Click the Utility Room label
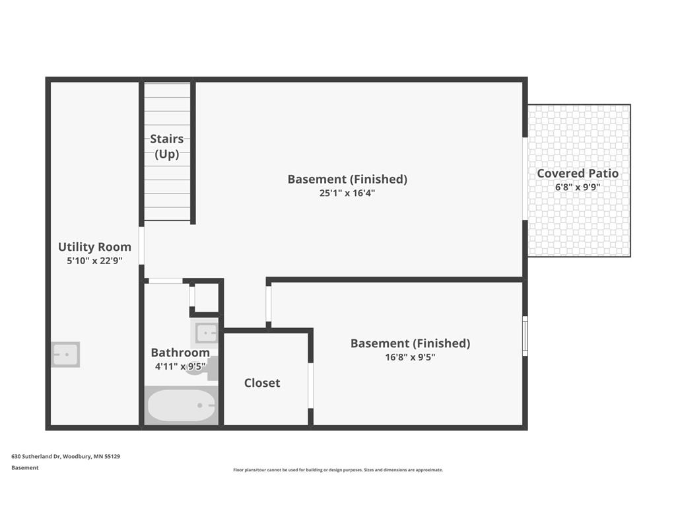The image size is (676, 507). tap(94, 247)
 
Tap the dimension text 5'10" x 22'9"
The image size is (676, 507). tap(94, 261)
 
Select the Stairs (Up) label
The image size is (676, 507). tap(167, 146)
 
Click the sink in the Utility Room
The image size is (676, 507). tap(65, 355)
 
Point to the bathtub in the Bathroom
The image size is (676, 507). tap(181, 405)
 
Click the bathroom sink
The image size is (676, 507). tap(205, 333)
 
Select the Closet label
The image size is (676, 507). tap(262, 383)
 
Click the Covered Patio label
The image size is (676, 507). tap(578, 174)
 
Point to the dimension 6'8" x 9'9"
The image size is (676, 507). tap(578, 187)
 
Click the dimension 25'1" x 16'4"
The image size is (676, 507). tap(347, 193)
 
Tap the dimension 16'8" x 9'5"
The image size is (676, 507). tap(410, 357)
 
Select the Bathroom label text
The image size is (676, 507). tap(180, 353)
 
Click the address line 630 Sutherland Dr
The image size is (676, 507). tap(65, 456)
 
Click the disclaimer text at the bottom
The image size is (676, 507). tap(338, 470)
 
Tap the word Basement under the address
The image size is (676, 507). tap(25, 468)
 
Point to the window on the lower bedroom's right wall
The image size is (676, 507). tap(525, 336)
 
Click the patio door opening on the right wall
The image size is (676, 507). tap(525, 179)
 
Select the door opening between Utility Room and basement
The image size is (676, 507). tap(141, 246)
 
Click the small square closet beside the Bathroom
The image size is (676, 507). tap(206, 298)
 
